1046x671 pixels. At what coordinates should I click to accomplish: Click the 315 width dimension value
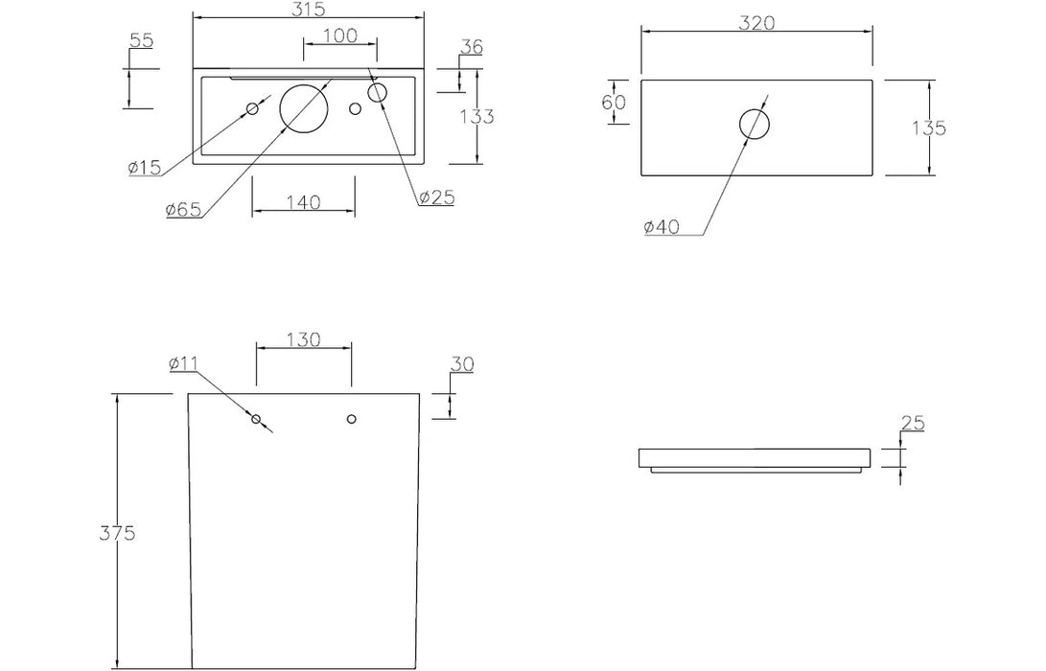click(308, 10)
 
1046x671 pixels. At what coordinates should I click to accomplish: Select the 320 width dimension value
click(757, 23)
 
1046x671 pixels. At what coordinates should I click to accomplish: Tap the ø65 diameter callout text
click(183, 209)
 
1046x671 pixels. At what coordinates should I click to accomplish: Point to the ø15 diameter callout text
click(145, 168)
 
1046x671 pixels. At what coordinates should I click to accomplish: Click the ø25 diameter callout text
click(437, 197)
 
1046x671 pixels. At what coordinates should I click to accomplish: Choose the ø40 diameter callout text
click(662, 227)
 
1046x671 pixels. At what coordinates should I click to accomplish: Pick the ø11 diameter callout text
click(183, 363)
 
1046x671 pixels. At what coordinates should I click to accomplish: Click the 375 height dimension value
click(117, 533)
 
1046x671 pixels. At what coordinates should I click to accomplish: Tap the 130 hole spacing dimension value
click(304, 340)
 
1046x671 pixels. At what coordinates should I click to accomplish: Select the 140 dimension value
click(304, 202)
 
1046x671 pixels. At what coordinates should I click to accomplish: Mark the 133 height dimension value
click(477, 117)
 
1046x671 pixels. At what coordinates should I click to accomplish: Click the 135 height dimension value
click(929, 127)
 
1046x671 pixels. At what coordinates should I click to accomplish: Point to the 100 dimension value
click(340, 35)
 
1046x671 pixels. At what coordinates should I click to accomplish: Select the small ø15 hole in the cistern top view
click(253, 108)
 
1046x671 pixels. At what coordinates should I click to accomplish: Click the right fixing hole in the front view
click(352, 419)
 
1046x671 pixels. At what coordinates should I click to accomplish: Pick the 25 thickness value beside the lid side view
click(913, 423)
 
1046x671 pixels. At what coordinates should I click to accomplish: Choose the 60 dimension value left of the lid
click(614, 103)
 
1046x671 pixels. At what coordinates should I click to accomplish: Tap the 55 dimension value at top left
click(142, 40)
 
